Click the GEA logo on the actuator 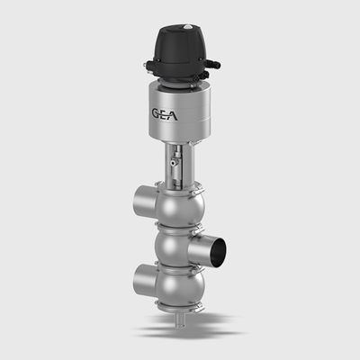165,114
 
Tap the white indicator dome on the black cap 187,27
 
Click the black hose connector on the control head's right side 214,64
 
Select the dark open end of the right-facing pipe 218,248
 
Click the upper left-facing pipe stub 146,201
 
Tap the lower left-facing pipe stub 146,279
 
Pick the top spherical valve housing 180,208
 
